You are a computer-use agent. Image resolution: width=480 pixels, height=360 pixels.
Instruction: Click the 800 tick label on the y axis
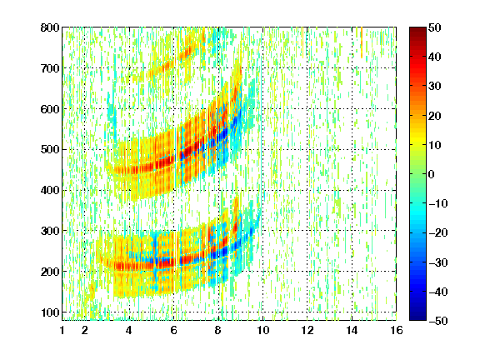50,27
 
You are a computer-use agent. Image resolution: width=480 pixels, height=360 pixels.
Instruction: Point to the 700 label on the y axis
50,68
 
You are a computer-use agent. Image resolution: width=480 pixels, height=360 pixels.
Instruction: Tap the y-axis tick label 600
50,109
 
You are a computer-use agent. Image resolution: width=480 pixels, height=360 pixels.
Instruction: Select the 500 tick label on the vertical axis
50,150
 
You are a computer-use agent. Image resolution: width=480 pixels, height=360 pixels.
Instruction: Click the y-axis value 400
50,190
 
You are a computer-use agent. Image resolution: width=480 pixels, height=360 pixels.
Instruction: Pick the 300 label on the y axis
50,231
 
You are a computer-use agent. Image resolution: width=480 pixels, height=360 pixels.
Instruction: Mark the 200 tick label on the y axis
50,272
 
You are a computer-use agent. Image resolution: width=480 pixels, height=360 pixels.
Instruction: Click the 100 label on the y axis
50,312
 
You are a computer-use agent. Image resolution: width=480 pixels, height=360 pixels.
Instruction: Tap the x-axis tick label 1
62,330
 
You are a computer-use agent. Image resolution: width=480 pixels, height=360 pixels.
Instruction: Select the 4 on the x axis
129,330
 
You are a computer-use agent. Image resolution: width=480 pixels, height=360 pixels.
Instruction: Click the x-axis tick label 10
262,330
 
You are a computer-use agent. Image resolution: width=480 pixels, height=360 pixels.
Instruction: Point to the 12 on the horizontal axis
307,330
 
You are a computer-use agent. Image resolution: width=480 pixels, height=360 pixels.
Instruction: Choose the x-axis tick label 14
352,330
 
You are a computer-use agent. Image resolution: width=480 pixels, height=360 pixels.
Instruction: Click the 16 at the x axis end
397,330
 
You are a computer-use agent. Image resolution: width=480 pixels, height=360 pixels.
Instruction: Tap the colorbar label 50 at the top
435,27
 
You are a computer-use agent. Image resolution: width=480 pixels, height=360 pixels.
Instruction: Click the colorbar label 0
432,174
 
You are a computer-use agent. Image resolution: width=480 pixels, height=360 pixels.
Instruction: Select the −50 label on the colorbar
438,321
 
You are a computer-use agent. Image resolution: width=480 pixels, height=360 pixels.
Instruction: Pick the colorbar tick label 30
435,87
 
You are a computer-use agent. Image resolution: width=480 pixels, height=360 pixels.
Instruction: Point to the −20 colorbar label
438,233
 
